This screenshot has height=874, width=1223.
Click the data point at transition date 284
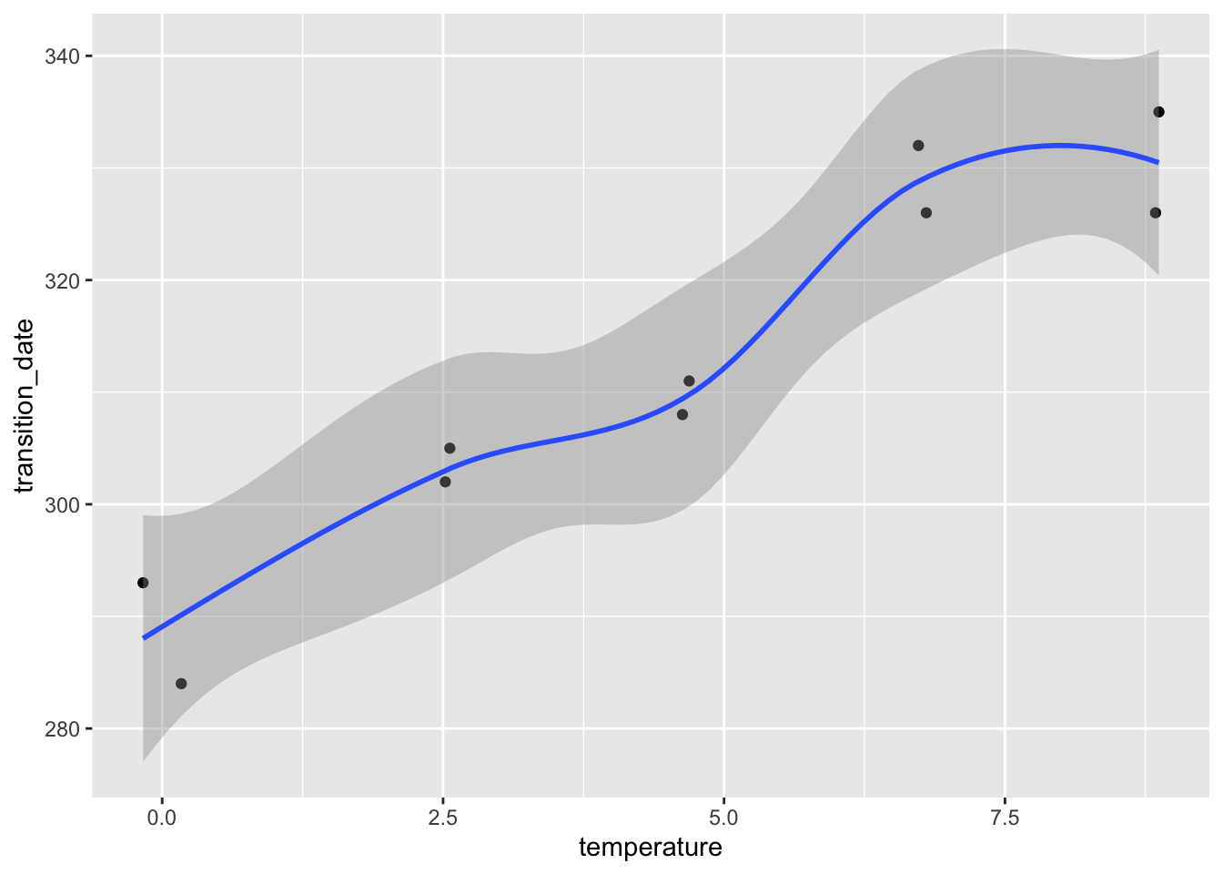[181, 684]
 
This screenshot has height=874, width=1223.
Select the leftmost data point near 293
[143, 583]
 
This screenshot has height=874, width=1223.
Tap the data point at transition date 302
[445, 482]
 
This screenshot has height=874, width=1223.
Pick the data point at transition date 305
[450, 448]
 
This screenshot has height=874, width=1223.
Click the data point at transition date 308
[682, 414]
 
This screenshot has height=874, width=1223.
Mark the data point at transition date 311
[689, 381]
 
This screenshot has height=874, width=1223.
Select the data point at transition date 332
[918, 146]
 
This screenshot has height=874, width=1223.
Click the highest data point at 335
[1158, 112]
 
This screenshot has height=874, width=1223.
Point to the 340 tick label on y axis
[63, 56]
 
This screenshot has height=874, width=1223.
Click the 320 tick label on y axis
[63, 280]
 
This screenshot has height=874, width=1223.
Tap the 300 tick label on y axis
[63, 504]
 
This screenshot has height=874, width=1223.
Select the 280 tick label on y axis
[63, 728]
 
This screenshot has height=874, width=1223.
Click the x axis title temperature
[651, 848]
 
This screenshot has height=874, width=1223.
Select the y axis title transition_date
[25, 405]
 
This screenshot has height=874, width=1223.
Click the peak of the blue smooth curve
[1057, 145]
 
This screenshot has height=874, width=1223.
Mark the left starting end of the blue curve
[144, 638]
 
